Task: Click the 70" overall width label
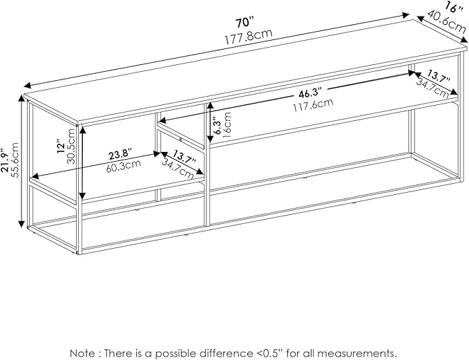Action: (245, 23)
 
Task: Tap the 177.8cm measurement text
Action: (248, 36)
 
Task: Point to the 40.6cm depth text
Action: (446, 22)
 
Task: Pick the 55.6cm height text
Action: (15, 160)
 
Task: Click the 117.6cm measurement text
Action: (313, 105)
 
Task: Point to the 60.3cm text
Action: (123, 166)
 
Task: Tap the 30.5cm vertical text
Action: (71, 146)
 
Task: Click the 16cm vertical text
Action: (227, 124)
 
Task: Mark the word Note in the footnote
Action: (82, 352)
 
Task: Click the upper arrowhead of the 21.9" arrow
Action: (21, 98)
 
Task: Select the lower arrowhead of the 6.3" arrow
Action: (210, 139)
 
